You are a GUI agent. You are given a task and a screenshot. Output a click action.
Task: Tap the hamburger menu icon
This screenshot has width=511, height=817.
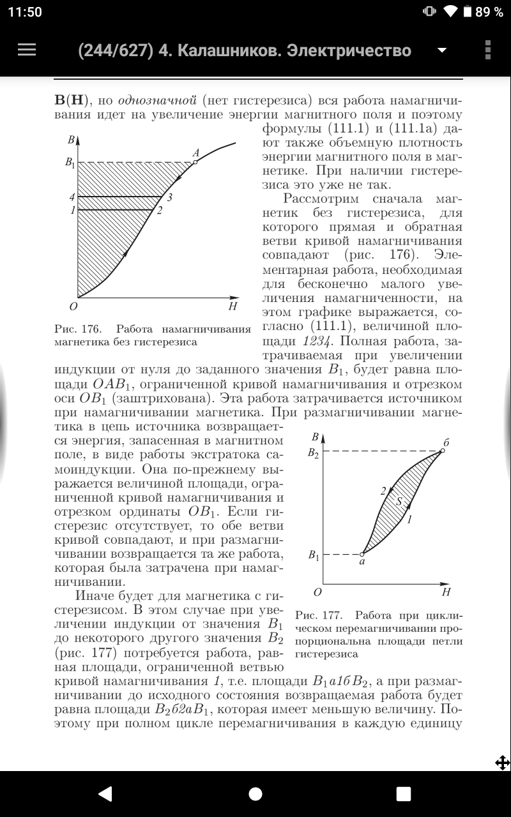coord(26,50)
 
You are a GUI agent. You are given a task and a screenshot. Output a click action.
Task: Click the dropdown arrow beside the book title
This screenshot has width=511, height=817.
coord(441,50)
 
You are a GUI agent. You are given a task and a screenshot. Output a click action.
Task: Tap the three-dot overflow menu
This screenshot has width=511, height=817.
coord(488,50)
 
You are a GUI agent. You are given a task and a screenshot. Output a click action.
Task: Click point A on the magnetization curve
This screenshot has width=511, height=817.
coord(195,162)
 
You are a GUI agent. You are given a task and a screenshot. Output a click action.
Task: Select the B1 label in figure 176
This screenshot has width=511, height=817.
coord(70,163)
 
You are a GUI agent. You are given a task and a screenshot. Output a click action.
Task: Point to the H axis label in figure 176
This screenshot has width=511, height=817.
coord(233,307)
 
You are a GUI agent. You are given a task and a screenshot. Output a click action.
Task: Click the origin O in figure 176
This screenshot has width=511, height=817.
coord(73,307)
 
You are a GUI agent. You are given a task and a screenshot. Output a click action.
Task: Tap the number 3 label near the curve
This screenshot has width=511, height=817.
coord(170,197)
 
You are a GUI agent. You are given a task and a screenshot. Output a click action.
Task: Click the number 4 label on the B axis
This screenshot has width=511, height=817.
coord(72,197)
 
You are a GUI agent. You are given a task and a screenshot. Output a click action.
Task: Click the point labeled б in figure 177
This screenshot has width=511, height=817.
coord(442,451)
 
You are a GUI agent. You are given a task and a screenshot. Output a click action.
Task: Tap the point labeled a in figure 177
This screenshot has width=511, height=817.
coord(362,554)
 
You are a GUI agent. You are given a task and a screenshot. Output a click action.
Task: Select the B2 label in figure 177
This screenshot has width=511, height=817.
coord(312,453)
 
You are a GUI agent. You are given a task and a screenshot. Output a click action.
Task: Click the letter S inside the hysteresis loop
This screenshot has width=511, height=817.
coord(399,502)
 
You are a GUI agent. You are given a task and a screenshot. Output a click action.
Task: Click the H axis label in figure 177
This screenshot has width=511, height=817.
coord(446,592)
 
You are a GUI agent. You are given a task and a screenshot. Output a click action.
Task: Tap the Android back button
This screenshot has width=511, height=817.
coord(105,793)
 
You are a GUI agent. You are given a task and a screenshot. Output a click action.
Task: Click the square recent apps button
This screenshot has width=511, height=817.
coord(403,793)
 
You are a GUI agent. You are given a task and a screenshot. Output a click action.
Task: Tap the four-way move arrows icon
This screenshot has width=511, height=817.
coord(502,762)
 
